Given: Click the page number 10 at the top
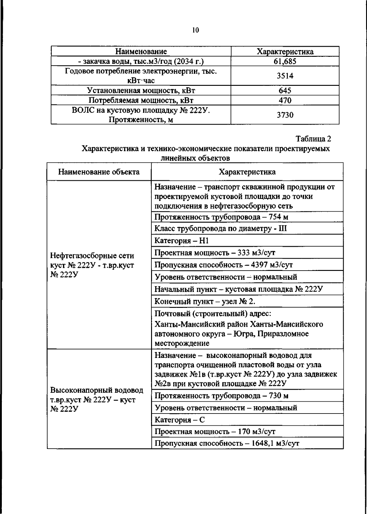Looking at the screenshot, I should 196,30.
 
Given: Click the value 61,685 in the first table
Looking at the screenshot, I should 285,61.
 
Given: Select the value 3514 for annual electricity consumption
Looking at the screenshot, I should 285,76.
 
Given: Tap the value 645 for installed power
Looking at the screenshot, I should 285,90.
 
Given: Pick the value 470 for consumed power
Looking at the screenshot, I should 285,100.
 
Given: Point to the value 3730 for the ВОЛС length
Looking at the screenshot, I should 285,115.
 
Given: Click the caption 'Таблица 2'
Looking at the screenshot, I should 313,139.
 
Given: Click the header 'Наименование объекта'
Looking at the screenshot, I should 99,172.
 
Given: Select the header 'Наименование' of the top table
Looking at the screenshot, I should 141,52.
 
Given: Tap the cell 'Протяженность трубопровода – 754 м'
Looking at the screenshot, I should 221,217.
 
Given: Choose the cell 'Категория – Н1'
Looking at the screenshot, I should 181,241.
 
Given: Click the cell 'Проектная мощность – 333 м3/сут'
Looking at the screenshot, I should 215,253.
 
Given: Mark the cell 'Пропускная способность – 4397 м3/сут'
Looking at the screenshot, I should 223,265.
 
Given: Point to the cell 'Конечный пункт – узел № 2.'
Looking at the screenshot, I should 205,301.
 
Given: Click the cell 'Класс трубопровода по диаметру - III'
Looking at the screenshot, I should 221,228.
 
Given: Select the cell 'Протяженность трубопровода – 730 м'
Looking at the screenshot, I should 221,396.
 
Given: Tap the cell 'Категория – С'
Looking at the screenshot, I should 180,420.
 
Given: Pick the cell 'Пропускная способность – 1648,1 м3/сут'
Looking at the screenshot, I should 227,443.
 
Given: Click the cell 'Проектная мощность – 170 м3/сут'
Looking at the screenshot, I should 215,432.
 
